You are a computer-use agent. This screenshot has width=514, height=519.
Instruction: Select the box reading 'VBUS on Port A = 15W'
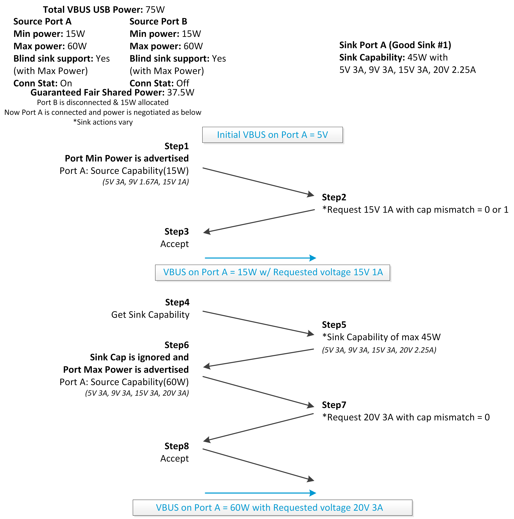click(272, 272)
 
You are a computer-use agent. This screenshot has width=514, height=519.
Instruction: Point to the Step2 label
click(334, 197)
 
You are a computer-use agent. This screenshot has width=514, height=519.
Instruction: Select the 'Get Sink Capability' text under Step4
click(150, 315)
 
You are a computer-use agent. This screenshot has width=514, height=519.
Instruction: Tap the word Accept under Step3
click(175, 244)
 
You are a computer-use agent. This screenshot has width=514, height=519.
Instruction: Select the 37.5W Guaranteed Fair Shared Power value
click(180, 92)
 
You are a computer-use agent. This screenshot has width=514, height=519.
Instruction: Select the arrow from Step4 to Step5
click(258, 323)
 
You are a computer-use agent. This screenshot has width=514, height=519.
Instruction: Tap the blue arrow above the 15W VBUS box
click(260, 258)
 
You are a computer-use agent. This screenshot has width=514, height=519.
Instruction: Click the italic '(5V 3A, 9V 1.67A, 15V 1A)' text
click(145, 182)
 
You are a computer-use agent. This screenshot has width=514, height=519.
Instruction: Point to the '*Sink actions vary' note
click(103, 122)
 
